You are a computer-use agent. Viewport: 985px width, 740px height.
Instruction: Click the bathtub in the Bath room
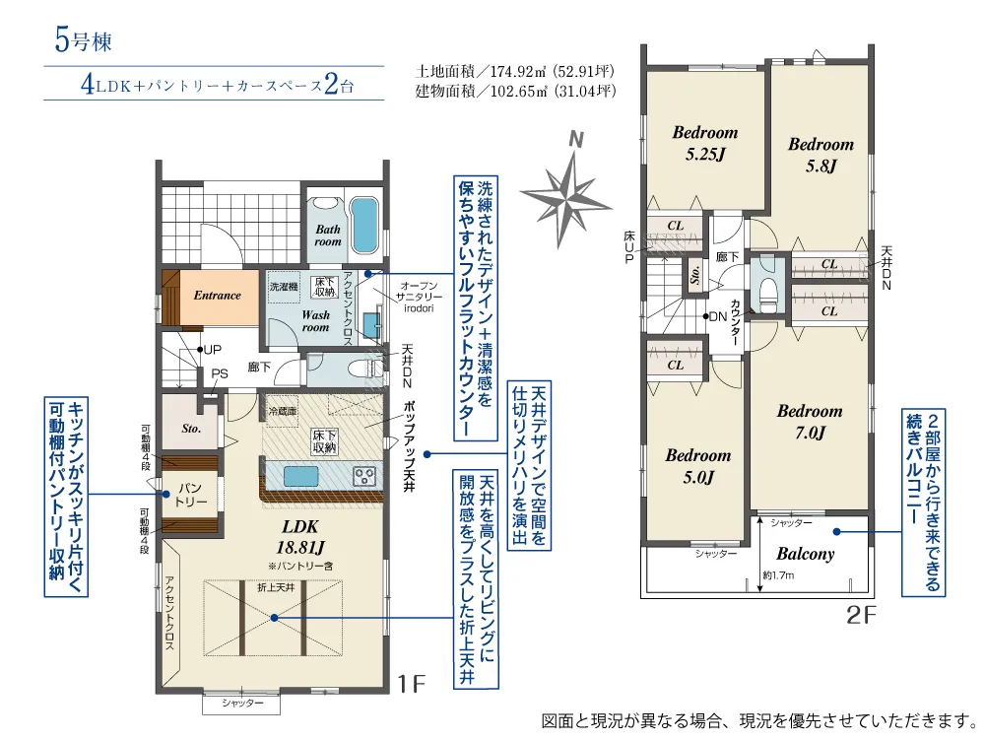tap(362, 225)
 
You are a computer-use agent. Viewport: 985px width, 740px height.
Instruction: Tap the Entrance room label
tap(218, 296)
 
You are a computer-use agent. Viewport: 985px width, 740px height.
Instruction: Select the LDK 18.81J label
tap(300, 537)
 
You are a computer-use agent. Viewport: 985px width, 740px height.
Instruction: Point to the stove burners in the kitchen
tap(364, 476)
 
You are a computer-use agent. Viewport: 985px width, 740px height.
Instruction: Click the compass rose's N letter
tap(575, 140)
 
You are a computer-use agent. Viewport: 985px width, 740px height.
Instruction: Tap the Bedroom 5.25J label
tap(705, 143)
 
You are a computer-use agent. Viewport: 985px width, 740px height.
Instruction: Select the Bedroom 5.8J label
tap(821, 155)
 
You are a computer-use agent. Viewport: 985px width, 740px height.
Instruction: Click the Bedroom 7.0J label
tap(810, 422)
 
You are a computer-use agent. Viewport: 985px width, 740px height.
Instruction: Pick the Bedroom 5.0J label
tap(698, 466)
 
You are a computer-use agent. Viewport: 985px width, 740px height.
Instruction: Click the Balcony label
tap(806, 554)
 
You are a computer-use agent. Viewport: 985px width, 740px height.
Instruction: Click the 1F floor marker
tap(412, 684)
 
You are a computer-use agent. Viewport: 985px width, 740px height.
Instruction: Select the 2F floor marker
tap(861, 614)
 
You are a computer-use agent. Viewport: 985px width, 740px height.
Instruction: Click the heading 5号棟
tap(84, 41)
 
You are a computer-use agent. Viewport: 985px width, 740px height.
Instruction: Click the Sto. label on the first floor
tap(191, 429)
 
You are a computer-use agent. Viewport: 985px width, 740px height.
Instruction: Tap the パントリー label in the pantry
tap(191, 495)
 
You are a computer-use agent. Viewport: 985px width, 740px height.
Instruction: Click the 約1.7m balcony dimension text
tap(779, 574)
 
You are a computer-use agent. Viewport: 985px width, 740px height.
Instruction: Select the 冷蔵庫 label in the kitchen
tap(283, 412)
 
